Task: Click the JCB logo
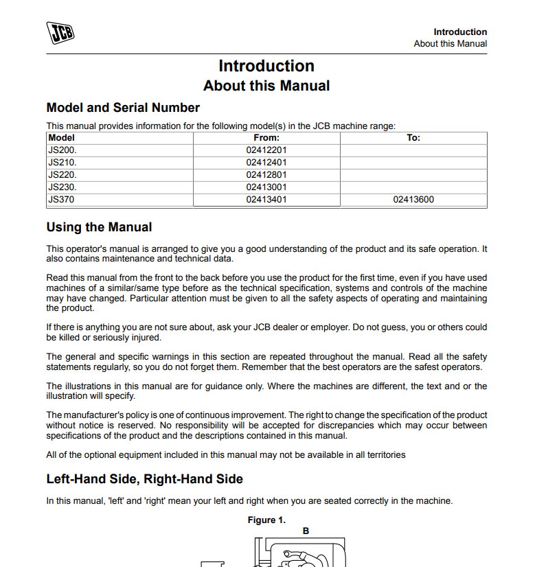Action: (60, 33)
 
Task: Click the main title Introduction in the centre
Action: (266, 66)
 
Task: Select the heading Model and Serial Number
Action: (123, 108)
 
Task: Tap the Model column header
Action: (62, 138)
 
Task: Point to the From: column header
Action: (266, 138)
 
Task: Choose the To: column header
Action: (413, 138)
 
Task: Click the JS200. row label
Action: (62, 150)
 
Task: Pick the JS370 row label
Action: (61, 200)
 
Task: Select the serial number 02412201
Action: (266, 150)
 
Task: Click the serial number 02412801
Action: (266, 175)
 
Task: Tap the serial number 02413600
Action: (413, 200)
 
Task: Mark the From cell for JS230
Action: (266, 187)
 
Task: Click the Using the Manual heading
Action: (99, 227)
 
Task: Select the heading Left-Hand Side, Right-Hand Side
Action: (144, 478)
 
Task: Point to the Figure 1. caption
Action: (266, 520)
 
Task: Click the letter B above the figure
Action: (306, 531)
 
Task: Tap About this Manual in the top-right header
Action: (450, 43)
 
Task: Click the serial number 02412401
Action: (266, 163)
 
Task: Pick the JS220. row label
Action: (62, 175)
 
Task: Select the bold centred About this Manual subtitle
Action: (266, 86)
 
